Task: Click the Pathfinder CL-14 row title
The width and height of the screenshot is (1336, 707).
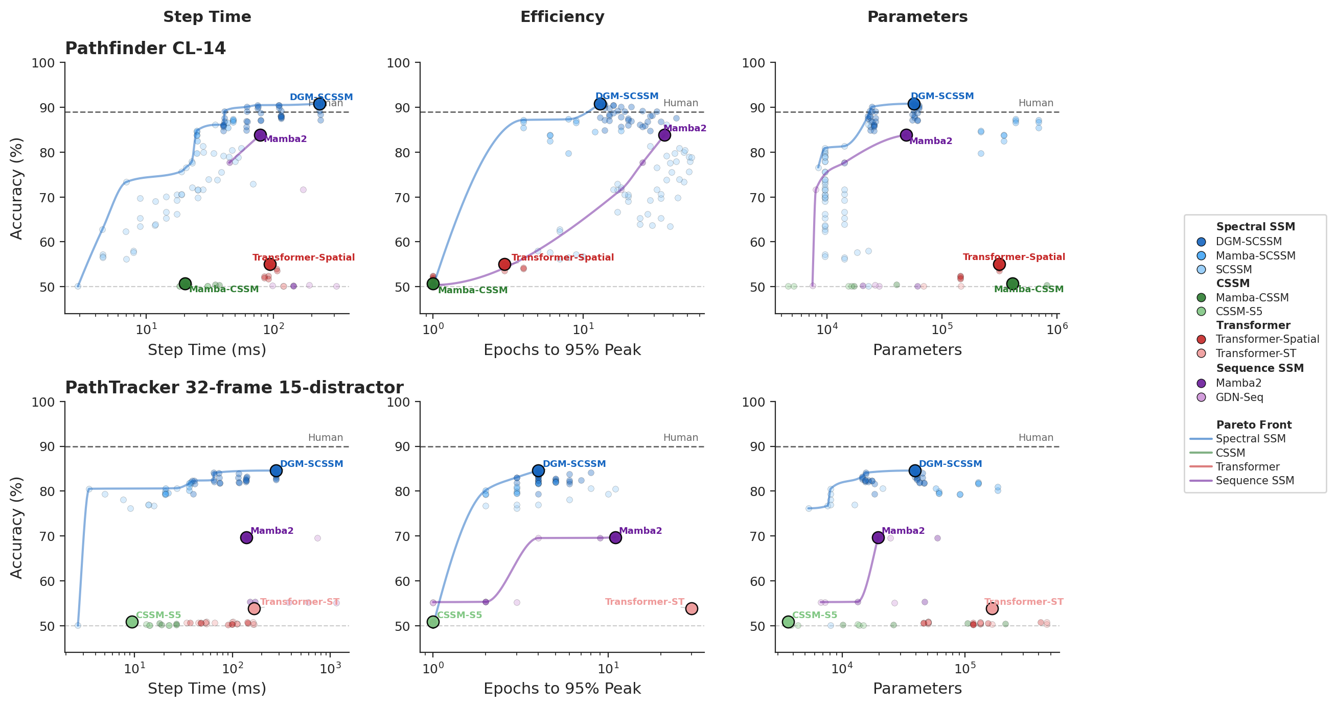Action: click(x=145, y=48)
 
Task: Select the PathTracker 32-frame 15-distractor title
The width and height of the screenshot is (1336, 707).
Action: click(x=234, y=387)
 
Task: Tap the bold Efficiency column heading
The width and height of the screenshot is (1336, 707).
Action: click(x=562, y=16)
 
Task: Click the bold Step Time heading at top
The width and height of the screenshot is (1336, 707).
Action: click(x=207, y=16)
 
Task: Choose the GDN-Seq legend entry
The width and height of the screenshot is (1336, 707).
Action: click(x=1239, y=397)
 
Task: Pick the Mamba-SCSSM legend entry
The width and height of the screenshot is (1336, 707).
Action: click(x=1255, y=255)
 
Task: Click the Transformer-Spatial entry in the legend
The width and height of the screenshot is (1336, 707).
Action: click(x=1267, y=339)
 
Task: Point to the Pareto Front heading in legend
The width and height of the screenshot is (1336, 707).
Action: click(x=1254, y=425)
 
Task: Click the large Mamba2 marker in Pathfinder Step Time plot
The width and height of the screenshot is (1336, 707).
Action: click(x=260, y=135)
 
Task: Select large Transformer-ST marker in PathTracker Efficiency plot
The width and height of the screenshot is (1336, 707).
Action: click(x=692, y=608)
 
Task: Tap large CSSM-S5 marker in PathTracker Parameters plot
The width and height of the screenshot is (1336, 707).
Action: click(x=788, y=622)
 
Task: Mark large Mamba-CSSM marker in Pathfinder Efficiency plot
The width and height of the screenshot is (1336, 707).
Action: click(x=433, y=284)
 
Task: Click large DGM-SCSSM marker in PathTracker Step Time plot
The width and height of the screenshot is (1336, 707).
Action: click(x=276, y=470)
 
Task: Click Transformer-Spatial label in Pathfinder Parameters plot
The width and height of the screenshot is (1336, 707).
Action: click(x=1013, y=257)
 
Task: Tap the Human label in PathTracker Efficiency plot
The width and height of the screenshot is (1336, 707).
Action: click(x=680, y=437)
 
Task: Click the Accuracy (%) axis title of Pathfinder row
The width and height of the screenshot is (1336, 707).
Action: click(x=16, y=188)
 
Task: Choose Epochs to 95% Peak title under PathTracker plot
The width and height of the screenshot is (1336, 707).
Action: click(x=562, y=688)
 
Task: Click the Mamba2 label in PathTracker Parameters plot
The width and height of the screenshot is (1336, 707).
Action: click(x=903, y=531)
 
